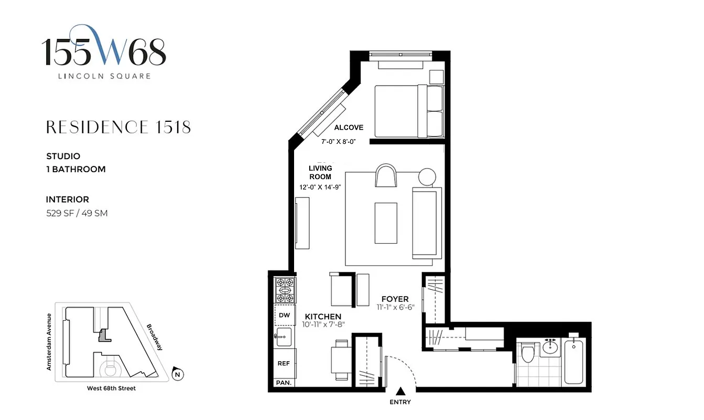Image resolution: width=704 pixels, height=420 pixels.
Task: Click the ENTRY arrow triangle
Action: (401, 391)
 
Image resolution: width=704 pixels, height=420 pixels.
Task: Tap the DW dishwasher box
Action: (284, 316)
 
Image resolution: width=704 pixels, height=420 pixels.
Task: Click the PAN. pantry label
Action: (284, 383)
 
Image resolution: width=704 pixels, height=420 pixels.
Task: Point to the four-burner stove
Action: (285, 290)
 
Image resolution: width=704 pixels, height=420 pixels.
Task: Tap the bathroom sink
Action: (550, 346)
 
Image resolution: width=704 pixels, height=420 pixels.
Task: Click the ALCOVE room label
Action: (349, 128)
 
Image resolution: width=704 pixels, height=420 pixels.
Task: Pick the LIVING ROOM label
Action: (320, 172)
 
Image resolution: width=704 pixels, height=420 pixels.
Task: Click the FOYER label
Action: (395, 299)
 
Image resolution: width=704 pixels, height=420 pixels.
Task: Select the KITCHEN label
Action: (323, 317)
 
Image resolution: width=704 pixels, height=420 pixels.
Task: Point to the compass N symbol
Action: (178, 374)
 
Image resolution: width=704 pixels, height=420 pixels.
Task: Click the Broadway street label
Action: (155, 336)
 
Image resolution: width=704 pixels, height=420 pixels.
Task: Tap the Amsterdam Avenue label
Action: (49, 342)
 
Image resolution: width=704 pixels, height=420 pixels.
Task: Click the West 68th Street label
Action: (111, 388)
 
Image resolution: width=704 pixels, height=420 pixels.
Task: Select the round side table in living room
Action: (427, 176)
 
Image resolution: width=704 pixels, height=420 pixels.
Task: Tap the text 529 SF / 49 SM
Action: (77, 213)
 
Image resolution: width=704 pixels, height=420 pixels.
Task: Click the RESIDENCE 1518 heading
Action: (118, 127)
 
